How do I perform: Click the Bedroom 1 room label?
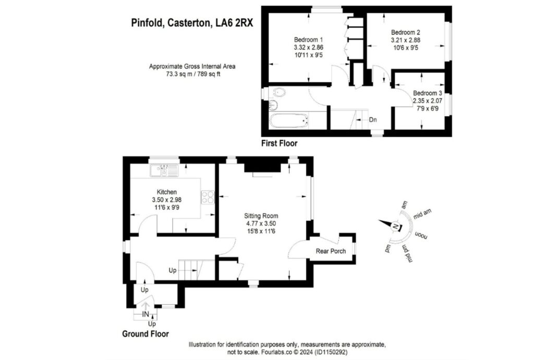click(x=309, y=40)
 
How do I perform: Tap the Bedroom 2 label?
click(x=405, y=32)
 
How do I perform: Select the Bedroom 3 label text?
click(x=428, y=93)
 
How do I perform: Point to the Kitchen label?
click(x=166, y=192)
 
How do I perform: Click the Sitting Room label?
click(x=261, y=216)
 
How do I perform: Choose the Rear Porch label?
click(x=331, y=251)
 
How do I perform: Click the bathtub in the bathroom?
click(x=289, y=121)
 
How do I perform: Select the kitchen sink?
click(x=164, y=171)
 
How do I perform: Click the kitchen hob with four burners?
click(x=208, y=197)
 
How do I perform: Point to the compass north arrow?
click(x=390, y=224)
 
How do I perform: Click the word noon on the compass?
click(x=421, y=236)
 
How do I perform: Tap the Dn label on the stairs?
click(x=373, y=120)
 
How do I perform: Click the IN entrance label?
click(x=145, y=314)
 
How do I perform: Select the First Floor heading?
click(x=280, y=143)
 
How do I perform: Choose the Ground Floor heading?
click(x=145, y=334)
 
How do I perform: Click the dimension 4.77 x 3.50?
click(x=261, y=223)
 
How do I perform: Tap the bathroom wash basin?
click(x=273, y=105)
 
